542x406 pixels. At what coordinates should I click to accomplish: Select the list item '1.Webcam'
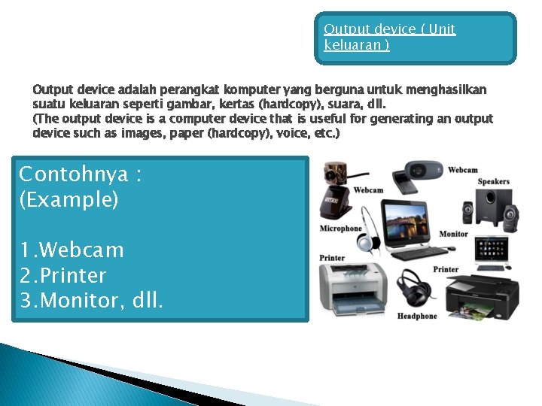pyautogui.click(x=72, y=250)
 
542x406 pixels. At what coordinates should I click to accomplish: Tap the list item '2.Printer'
pyautogui.click(x=63, y=275)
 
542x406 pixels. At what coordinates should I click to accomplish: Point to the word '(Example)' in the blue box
pyautogui.click(x=69, y=199)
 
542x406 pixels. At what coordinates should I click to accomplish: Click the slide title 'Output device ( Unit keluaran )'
pyautogui.click(x=389, y=37)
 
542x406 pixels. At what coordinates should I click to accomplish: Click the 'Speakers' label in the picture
pyautogui.click(x=493, y=181)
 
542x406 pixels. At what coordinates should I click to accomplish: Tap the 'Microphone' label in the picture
pyautogui.click(x=341, y=229)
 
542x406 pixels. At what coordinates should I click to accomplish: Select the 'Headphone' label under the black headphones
pyautogui.click(x=417, y=316)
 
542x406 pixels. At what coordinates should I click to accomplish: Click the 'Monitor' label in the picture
pyautogui.click(x=453, y=234)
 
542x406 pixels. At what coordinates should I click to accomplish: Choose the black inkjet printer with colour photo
pyautogui.click(x=482, y=297)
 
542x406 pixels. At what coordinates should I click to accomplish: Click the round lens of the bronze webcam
pyautogui.click(x=331, y=174)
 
